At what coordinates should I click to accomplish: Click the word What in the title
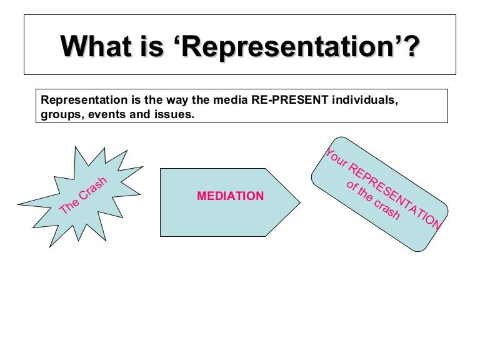tap(96, 46)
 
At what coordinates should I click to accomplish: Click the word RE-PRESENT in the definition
tap(290, 100)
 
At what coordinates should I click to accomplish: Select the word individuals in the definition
tap(365, 100)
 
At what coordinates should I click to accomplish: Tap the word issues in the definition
tap(174, 114)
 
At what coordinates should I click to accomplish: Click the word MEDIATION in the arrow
tap(230, 196)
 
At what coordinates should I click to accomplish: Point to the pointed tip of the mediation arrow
tap(300, 202)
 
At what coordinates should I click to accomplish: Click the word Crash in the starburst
tap(92, 188)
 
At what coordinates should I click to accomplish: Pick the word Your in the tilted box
tap(336, 157)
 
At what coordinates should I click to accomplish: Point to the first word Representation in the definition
tap(84, 101)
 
